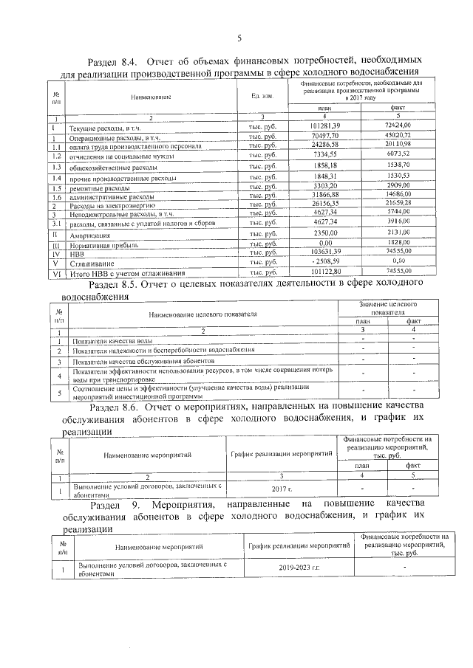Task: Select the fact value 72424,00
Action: coord(391,127)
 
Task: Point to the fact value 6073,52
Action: coord(391,154)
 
